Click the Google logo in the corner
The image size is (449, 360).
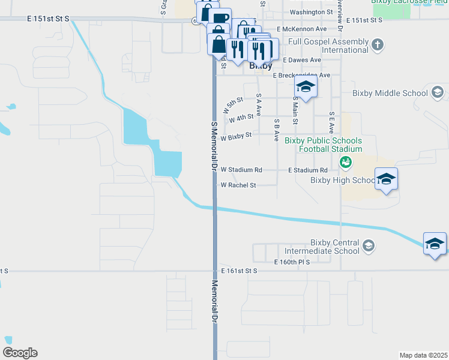(20, 353)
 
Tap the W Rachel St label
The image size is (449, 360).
(238, 185)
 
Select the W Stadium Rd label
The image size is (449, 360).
(241, 170)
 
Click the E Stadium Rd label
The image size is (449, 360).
(308, 170)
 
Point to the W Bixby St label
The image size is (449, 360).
(235, 137)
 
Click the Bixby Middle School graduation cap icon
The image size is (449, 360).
(438, 92)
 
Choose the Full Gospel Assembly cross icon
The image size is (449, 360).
(378, 44)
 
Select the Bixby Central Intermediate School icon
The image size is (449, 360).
(369, 246)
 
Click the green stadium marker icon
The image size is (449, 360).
(345, 161)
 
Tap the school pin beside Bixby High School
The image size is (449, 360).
(386, 179)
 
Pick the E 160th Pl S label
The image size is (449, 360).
(292, 262)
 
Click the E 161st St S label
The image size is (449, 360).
(239, 271)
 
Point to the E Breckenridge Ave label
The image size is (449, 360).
(301, 76)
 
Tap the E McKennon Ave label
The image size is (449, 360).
(301, 29)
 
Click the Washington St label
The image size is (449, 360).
(311, 12)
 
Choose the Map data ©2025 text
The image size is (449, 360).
(424, 355)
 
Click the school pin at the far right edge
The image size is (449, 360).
(435, 244)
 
